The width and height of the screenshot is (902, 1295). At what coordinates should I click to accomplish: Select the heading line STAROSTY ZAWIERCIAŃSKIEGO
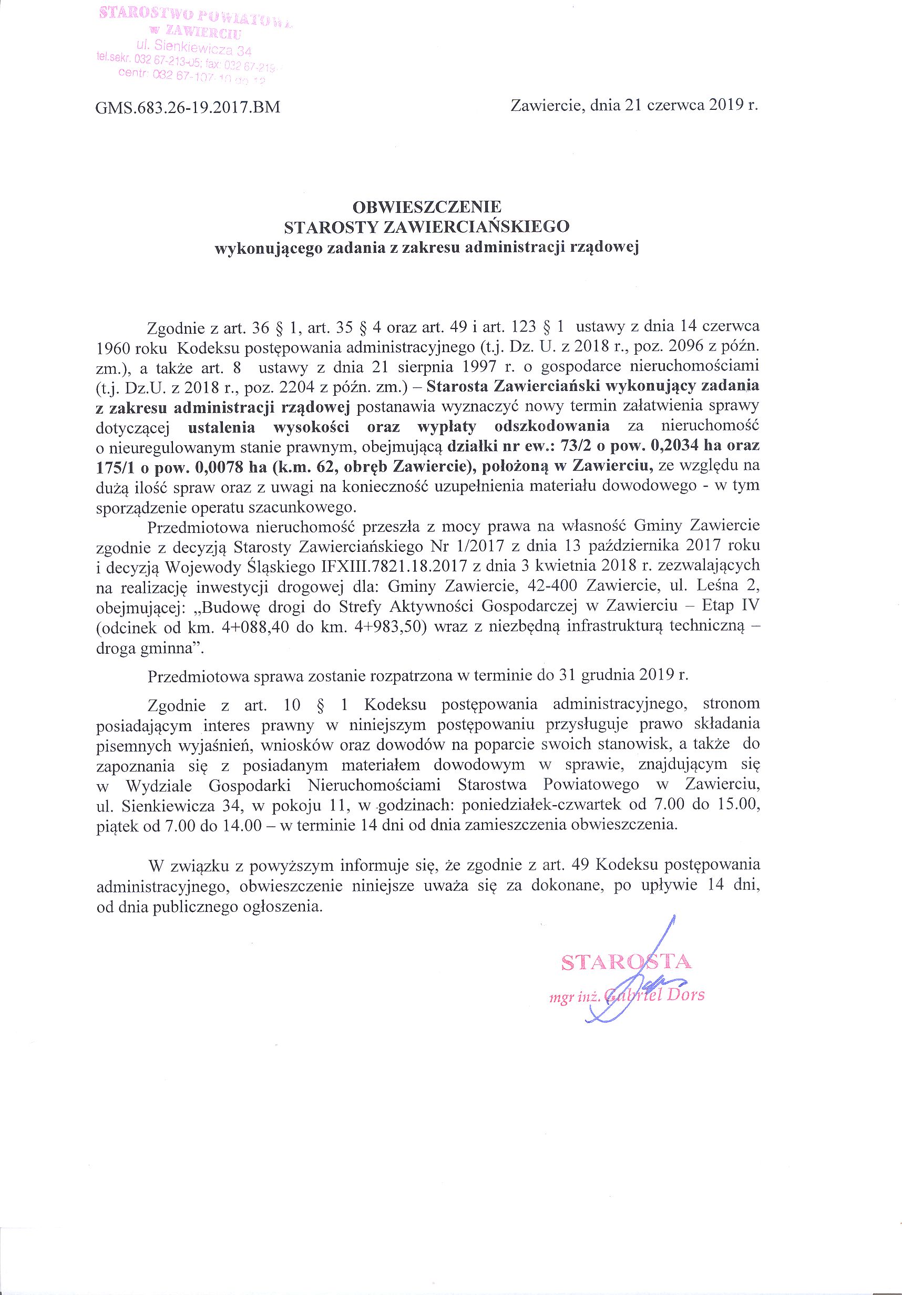click(427, 227)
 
